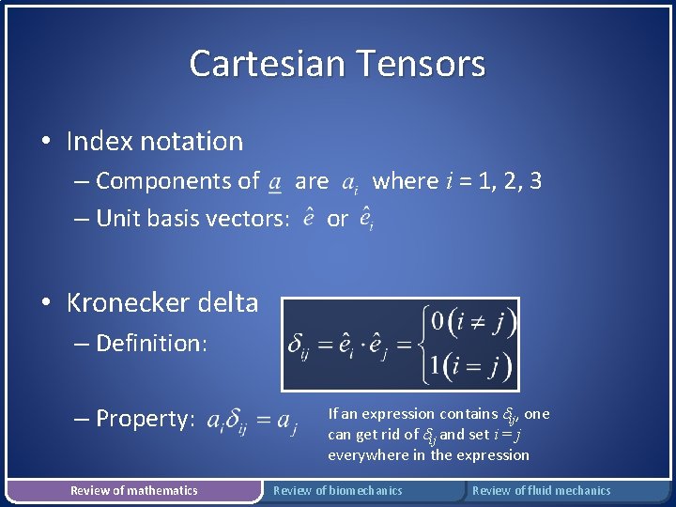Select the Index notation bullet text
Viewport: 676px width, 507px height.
(x=154, y=142)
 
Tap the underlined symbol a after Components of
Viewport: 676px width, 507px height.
(x=273, y=182)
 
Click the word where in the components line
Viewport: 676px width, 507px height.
(x=406, y=180)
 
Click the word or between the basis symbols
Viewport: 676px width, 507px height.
(x=337, y=219)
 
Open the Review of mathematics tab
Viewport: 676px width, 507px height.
(x=134, y=490)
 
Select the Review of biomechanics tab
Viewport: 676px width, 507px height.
(x=337, y=490)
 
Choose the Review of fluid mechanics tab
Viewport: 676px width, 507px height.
(x=541, y=490)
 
